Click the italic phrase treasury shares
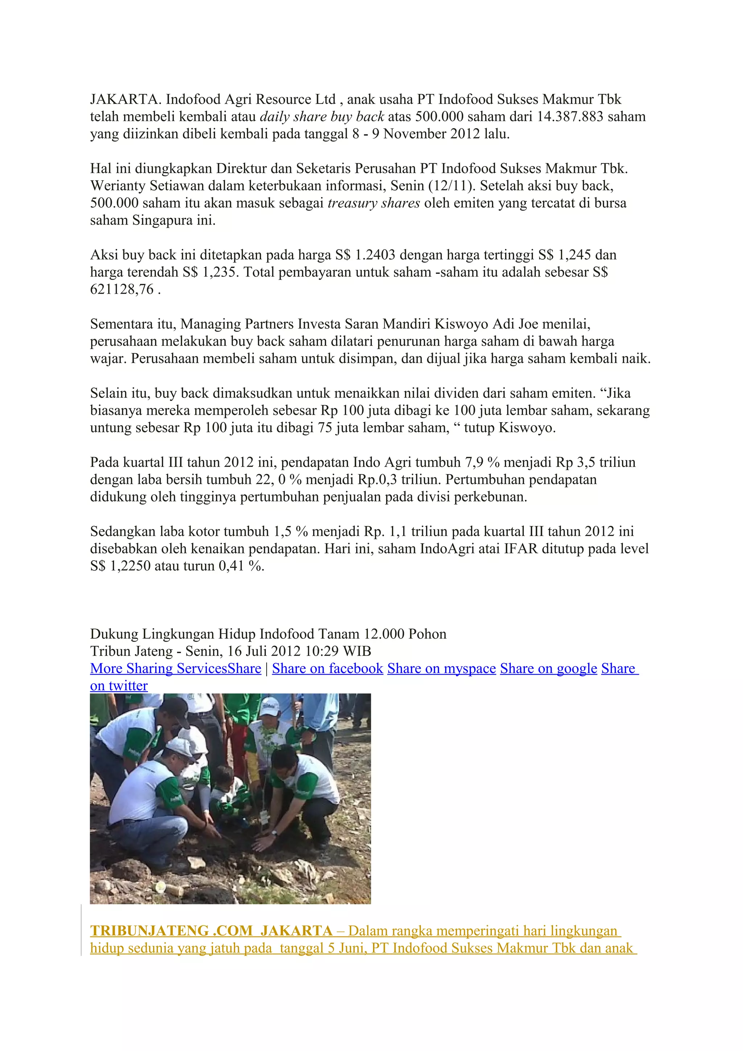point(374,203)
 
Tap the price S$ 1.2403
point(364,255)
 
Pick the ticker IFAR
point(521,549)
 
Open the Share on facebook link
point(327,669)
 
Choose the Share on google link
point(549,669)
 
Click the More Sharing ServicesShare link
point(175,669)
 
